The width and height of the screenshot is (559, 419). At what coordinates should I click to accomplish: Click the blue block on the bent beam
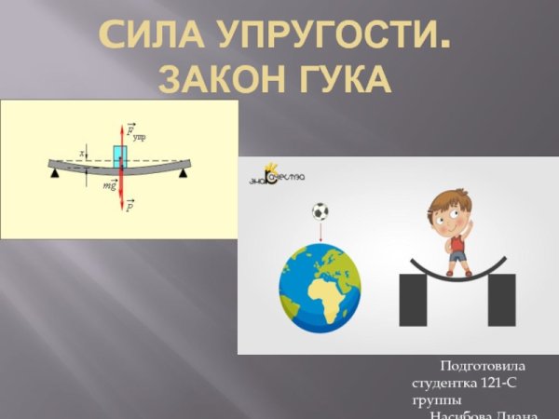120,155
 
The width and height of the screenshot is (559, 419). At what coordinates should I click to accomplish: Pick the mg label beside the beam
109,184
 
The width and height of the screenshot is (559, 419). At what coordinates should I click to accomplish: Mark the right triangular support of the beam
186,173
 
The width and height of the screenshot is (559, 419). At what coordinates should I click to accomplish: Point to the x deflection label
82,153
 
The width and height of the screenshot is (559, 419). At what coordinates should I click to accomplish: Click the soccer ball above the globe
320,211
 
